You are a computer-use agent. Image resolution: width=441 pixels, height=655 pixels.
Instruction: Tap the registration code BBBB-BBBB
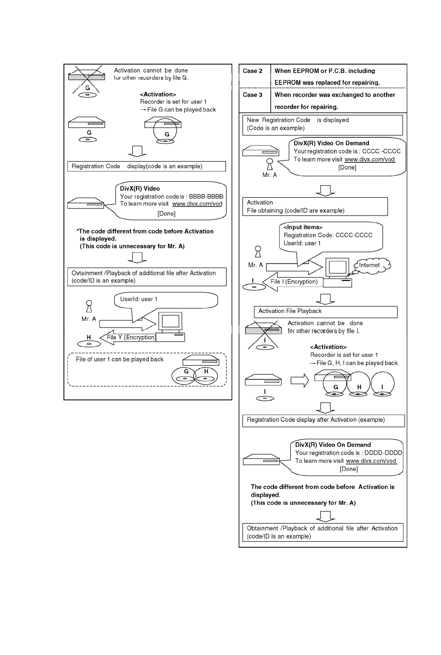point(206,196)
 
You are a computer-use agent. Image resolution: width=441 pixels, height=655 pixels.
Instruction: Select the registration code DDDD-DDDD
point(383,453)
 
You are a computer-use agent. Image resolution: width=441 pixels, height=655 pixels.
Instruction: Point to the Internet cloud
point(372,265)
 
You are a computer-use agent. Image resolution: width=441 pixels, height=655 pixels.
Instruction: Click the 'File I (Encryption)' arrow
point(291,282)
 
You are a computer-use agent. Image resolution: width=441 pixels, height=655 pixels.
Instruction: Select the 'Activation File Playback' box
point(325,312)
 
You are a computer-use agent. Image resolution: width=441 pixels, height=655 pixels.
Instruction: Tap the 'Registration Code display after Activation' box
point(323,420)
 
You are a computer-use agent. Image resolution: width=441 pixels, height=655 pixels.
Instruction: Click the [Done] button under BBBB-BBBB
point(166,214)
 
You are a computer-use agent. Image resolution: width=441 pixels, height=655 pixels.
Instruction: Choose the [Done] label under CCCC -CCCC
point(347,168)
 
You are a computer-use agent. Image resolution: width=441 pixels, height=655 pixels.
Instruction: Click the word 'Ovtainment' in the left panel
point(87,273)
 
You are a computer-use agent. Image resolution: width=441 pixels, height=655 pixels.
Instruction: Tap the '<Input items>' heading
point(303,227)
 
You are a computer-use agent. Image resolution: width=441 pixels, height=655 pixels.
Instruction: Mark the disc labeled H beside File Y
point(89,344)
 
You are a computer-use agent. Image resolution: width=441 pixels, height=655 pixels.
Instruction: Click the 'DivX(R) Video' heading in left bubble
point(140,189)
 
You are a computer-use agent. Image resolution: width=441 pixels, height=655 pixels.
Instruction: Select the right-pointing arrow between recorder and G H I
point(299,381)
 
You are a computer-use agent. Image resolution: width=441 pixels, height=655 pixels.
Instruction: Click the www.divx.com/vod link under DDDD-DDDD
point(371,461)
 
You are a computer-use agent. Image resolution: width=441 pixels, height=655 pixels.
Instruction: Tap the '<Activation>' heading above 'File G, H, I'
point(328,347)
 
